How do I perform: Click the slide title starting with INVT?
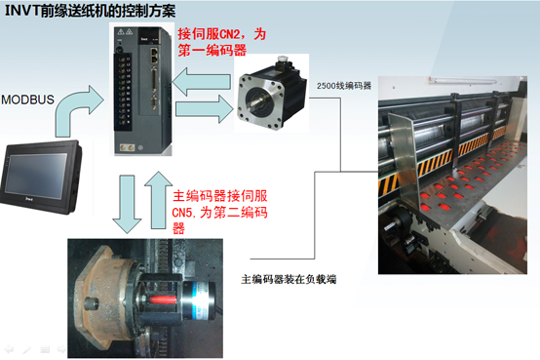pos(91,11)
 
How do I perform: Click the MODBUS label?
pos(27,100)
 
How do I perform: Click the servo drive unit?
pos(142,90)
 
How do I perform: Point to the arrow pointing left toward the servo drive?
pos(201,82)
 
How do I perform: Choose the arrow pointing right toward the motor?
pos(205,109)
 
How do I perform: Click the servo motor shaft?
pos(257,102)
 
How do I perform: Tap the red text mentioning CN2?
pos(222,42)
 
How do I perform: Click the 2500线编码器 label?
pos(344,86)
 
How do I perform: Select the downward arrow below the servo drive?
pos(127,204)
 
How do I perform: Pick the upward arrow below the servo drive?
pos(159,200)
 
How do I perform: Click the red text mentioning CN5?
pos(219,212)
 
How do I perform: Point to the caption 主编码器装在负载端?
pos(289,279)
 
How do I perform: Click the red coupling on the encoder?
pos(163,300)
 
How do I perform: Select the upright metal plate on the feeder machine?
pos(404,159)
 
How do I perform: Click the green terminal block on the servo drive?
pos(124,92)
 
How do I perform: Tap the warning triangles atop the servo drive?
pos(125,32)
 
